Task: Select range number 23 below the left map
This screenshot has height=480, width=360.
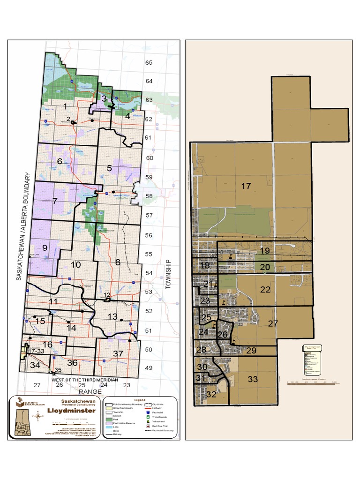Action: point(127,385)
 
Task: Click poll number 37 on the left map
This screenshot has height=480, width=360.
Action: point(118,353)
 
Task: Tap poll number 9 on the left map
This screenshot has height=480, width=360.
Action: point(45,248)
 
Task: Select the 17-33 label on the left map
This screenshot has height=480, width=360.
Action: point(36,351)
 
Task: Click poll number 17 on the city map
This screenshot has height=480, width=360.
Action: point(246,186)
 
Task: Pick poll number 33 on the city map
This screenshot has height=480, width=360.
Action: point(253,379)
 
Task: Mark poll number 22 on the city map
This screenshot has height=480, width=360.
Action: point(265,289)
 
